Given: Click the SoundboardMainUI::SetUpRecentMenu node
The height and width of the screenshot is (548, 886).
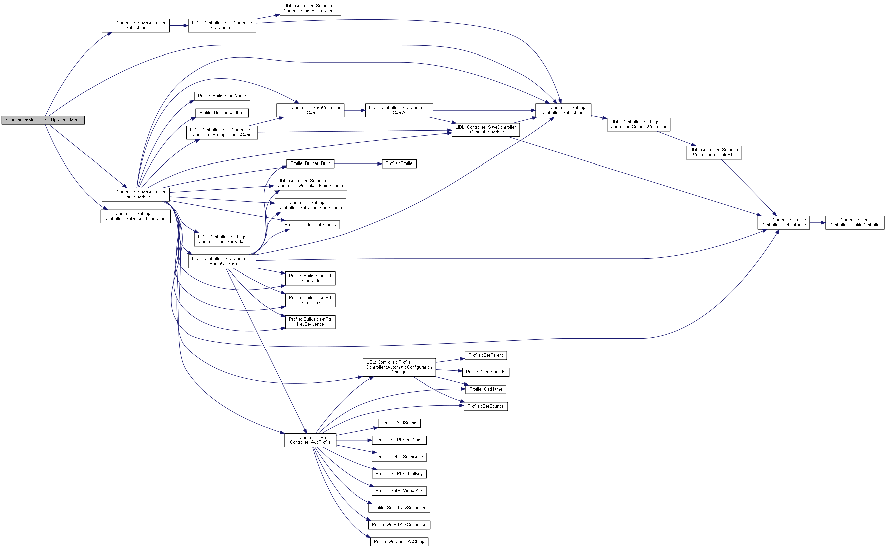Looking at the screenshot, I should (43, 120).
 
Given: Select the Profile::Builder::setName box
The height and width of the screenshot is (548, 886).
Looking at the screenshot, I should (222, 96).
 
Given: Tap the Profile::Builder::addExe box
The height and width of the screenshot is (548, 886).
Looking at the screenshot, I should (222, 113).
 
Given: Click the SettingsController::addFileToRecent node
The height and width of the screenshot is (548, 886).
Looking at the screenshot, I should (310, 9).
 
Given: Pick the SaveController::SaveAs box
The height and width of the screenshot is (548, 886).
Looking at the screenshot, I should (399, 110).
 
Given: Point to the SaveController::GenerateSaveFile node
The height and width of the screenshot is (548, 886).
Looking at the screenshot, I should (485, 130).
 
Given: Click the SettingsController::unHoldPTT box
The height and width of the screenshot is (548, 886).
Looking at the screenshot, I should (713, 152).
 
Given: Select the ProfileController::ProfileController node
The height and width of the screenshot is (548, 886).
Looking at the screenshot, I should (855, 223).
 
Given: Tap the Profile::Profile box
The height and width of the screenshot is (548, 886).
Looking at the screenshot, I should (399, 163).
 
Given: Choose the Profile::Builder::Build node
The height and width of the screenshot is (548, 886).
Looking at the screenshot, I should (310, 163).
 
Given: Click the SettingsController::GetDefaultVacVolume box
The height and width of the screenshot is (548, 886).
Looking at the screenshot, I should (310, 205).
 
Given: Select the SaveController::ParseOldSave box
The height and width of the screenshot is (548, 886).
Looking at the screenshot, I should (222, 261).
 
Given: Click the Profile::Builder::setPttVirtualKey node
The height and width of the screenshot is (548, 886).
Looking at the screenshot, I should (310, 300).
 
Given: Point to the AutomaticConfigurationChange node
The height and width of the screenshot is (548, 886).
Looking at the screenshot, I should (399, 367).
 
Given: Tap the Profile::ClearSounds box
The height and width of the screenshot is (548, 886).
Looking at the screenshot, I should (485, 372).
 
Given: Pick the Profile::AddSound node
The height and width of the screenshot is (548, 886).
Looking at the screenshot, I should (399, 423).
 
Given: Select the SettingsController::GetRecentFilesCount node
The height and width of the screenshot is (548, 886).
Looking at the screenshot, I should (135, 216).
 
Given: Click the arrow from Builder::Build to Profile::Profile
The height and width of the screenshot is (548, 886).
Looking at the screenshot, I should (358, 164).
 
